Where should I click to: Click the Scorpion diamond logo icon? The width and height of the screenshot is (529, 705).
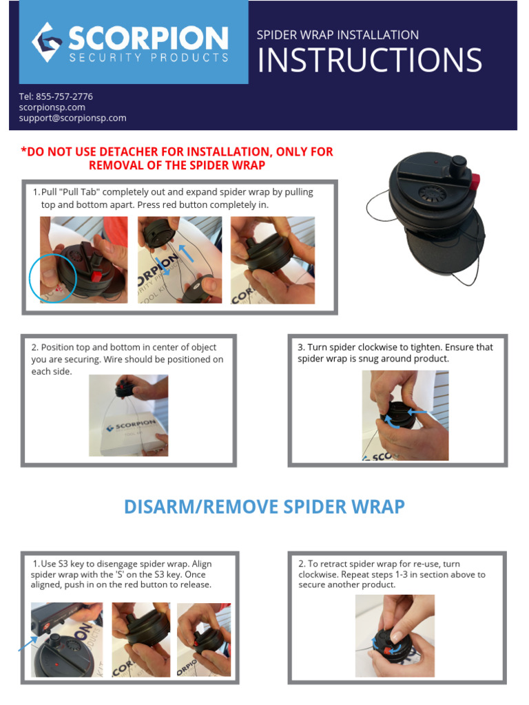tap(47, 42)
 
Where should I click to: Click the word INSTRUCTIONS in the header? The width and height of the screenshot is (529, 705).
tap(369, 61)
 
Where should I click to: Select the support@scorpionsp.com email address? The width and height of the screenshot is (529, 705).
tap(72, 118)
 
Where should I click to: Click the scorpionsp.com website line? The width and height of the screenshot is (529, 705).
tap(52, 107)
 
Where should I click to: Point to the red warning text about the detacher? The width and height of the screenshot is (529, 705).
tap(177, 158)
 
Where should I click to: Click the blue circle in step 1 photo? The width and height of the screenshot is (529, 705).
tap(54, 277)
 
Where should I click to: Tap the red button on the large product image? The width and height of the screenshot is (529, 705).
tap(475, 182)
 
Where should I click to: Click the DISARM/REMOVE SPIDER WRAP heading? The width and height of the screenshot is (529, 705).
tap(264, 507)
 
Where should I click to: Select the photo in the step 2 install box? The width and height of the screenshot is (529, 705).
tap(128, 415)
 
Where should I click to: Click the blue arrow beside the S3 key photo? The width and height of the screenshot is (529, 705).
tap(28, 642)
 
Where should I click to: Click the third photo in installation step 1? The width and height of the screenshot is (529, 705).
tap(272, 260)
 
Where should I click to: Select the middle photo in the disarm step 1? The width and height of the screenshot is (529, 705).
tap(141, 640)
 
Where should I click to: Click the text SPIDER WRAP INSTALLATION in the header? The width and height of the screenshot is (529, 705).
tap(338, 35)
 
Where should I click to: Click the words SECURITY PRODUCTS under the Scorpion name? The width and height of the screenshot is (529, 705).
tap(148, 58)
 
